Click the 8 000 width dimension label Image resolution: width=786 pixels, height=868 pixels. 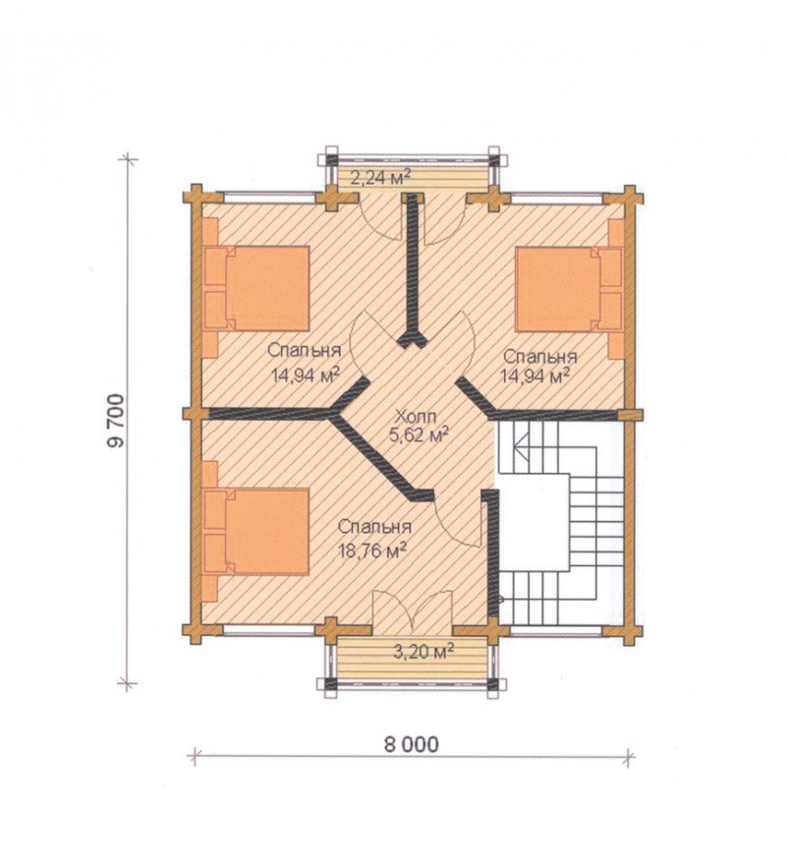411,744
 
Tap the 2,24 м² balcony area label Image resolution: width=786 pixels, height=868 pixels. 381,178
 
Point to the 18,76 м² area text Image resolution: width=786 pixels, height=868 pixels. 374,550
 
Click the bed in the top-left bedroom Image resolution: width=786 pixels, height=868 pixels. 256,288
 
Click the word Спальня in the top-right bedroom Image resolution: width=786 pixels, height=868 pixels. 540,356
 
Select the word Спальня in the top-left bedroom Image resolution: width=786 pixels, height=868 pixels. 305,350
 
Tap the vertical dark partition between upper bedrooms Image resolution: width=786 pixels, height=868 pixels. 413,269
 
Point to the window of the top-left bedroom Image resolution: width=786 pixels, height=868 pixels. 269,194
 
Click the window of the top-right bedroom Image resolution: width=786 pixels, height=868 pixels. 557,194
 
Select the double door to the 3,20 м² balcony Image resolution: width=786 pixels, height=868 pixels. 413,611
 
